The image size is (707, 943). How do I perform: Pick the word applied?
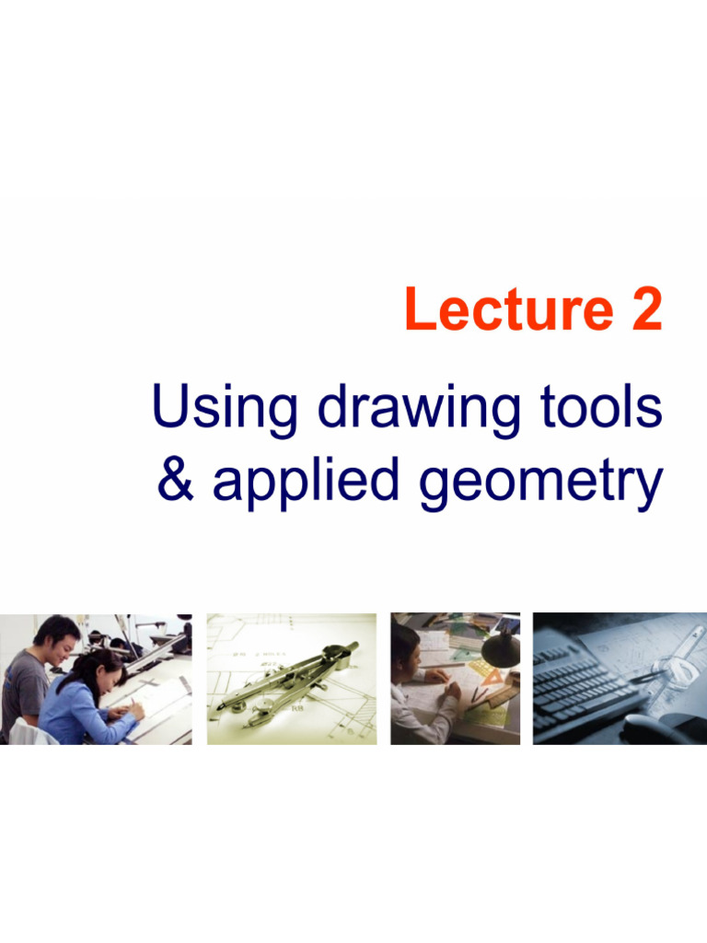click(x=308, y=482)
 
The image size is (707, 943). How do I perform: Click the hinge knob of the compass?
click(x=351, y=648)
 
